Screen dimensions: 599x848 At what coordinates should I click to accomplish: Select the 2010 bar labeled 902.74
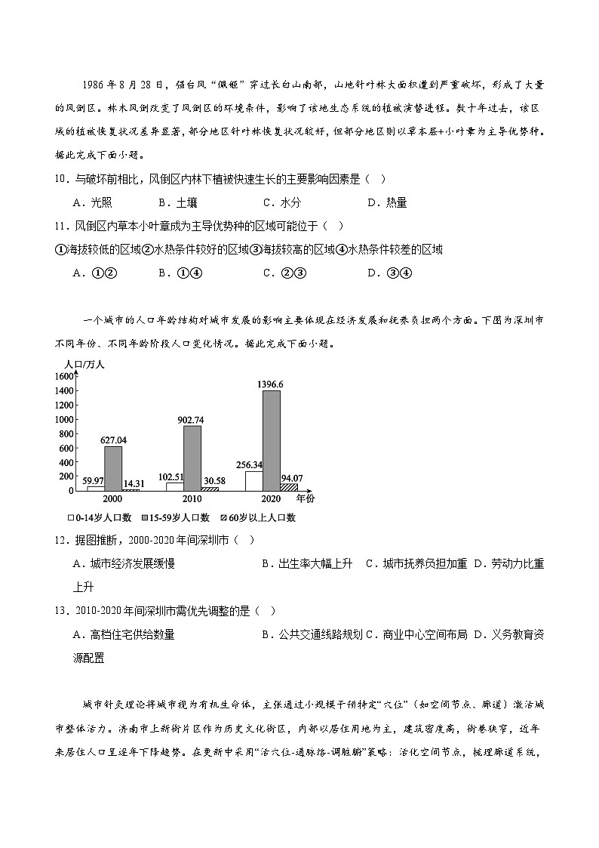click(192, 458)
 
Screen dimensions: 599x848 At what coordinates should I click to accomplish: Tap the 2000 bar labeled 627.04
click(113, 468)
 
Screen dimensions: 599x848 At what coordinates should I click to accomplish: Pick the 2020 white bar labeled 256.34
click(253, 481)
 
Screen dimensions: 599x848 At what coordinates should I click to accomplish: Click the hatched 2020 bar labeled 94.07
click(289, 487)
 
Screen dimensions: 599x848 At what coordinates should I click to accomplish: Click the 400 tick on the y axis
click(66, 462)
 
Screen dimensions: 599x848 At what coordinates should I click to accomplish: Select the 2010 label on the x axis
click(192, 499)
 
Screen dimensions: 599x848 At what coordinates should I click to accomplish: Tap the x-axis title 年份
click(306, 499)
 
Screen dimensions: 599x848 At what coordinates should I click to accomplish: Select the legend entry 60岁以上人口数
click(257, 518)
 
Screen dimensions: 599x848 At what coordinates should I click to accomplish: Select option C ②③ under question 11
click(284, 273)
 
